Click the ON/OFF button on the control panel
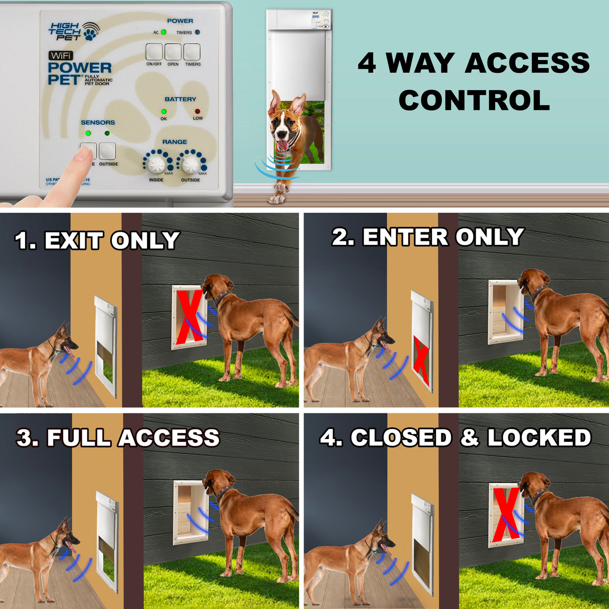click(154, 52)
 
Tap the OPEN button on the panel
click(173, 52)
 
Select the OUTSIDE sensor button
click(107, 151)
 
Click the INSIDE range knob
click(157, 164)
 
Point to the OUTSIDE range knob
click(191, 164)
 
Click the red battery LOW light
click(198, 111)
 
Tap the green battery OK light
click(164, 111)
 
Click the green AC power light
click(164, 32)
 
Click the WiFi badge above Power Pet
click(61, 56)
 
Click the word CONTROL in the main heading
click(474, 100)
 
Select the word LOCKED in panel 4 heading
click(539, 437)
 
